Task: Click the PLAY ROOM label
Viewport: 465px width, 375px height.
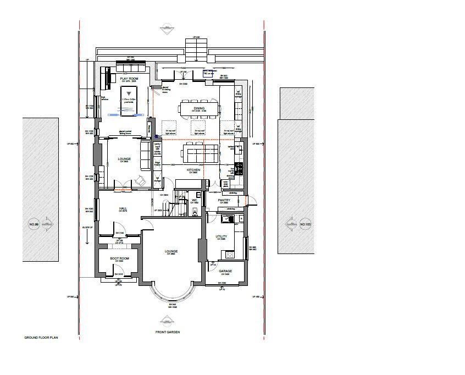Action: click(129, 79)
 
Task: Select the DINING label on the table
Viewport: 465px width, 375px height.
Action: click(198, 108)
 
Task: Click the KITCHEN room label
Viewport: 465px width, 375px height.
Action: click(193, 170)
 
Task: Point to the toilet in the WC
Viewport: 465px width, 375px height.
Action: click(196, 212)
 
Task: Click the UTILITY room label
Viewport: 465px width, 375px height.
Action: click(222, 236)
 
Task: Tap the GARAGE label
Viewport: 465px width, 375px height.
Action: click(225, 271)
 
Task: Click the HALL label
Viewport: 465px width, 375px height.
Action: click(124, 208)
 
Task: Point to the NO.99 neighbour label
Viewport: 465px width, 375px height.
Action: click(35, 224)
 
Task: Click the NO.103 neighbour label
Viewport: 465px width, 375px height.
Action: click(305, 224)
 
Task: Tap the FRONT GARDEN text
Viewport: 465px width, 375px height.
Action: click(167, 332)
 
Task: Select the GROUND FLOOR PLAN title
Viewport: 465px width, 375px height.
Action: click(41, 337)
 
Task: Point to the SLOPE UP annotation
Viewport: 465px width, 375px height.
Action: click(88, 226)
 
